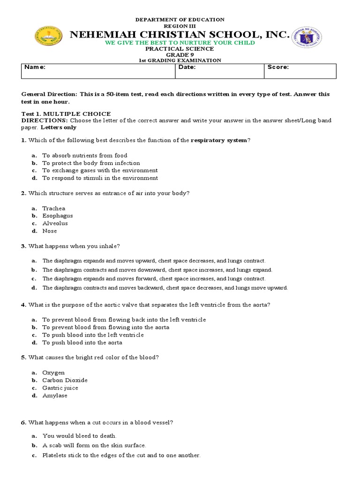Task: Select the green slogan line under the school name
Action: (180, 43)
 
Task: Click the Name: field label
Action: (35, 67)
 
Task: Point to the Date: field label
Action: (187, 67)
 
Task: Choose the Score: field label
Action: (278, 67)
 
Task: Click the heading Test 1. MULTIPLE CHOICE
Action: (66, 114)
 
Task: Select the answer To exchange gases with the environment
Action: (100, 171)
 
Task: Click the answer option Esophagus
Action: (58, 216)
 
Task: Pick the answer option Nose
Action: (50, 231)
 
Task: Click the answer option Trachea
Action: (54, 209)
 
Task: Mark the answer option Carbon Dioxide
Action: (65, 380)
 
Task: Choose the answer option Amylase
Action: (55, 396)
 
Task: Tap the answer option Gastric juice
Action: (60, 388)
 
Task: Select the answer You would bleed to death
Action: (79, 436)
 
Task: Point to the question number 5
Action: (23, 358)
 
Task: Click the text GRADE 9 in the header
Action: (180, 55)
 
